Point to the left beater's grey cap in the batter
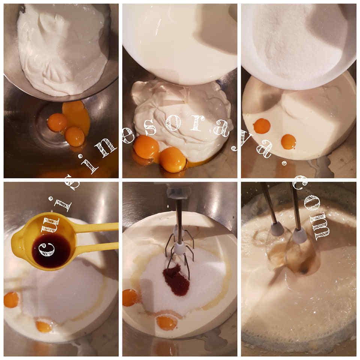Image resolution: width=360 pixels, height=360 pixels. click(275, 227)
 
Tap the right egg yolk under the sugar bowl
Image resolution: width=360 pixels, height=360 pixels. click(288, 142)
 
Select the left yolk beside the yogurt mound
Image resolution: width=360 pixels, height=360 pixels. click(147, 146)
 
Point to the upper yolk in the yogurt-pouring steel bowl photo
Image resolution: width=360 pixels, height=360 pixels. click(57, 122)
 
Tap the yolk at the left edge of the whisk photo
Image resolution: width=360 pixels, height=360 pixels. click(130, 297)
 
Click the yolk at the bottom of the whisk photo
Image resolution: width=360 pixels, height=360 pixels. click(166, 323)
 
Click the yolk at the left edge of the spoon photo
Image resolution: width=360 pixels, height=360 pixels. click(11, 299)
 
